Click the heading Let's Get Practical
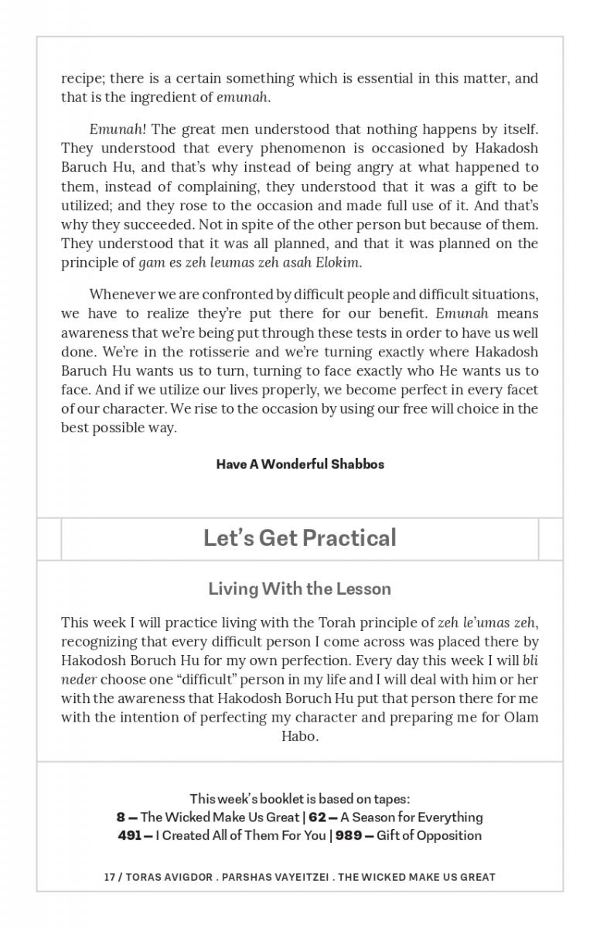[299, 538]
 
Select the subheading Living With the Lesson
[299, 589]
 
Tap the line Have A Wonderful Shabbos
[300, 464]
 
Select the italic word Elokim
[338, 262]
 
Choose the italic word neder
[78, 680]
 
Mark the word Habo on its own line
[299, 736]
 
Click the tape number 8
[121, 817]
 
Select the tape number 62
[317, 817]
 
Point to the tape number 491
[130, 836]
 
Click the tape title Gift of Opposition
[429, 836]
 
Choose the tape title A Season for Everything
[411, 817]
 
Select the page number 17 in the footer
[109, 877]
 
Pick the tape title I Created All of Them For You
[240, 836]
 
